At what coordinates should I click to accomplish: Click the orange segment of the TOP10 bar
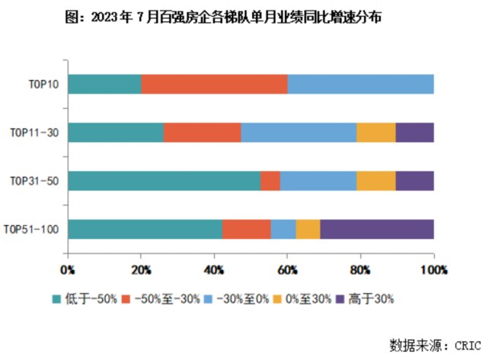214,84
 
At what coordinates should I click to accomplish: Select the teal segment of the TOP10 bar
104,84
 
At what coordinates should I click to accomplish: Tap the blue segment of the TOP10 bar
360,84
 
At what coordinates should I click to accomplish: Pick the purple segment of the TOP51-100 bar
377,228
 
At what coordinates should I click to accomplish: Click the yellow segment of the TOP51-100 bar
308,228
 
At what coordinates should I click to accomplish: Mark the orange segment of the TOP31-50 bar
270,180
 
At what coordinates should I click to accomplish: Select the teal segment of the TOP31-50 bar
164,180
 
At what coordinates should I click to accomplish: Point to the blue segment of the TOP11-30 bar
299,132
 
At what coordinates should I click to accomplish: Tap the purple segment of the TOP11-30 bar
414,132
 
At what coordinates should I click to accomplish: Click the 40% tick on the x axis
214,269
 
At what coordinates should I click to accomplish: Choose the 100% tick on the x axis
433,269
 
